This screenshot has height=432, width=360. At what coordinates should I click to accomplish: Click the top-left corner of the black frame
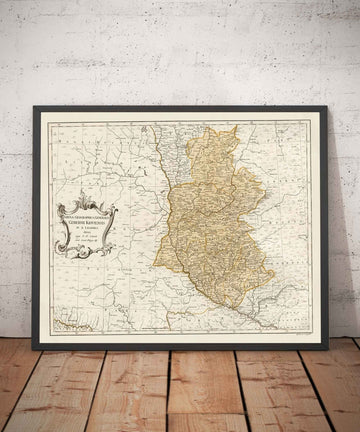pyautogui.click(x=34, y=108)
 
